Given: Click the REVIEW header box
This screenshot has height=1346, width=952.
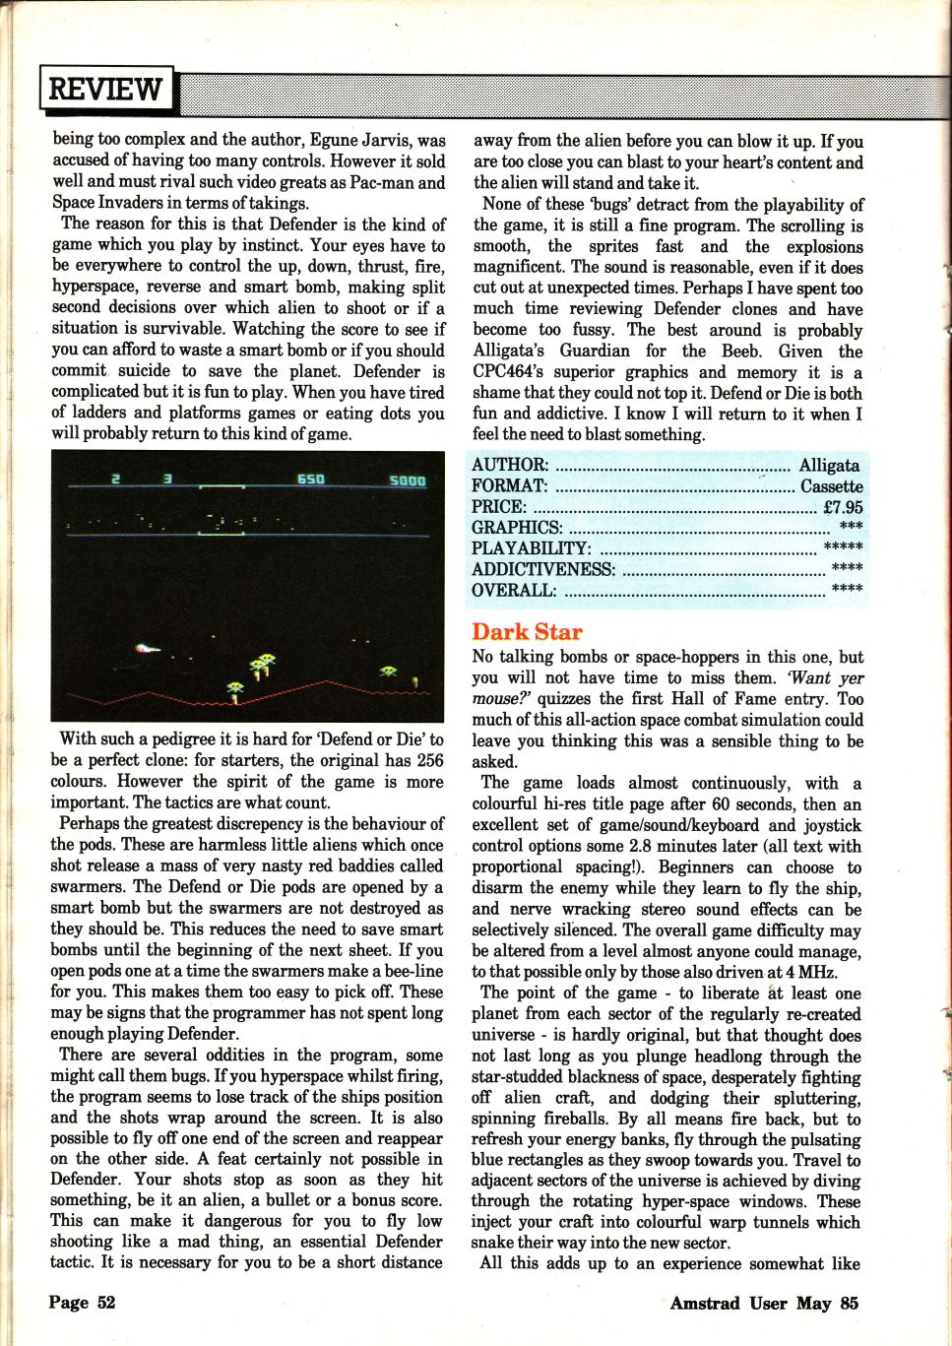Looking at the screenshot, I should point(106,89).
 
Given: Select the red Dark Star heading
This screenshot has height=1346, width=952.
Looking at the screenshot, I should point(527,632).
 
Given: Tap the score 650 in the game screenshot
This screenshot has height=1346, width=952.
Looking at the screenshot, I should point(311,479).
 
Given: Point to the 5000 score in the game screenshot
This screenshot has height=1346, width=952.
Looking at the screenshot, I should point(408,481).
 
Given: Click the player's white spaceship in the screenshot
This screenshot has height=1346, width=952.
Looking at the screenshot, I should point(147,648).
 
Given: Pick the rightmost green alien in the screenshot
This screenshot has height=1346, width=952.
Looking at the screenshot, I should point(389,671).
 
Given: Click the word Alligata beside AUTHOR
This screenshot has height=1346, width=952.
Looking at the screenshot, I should point(830,465).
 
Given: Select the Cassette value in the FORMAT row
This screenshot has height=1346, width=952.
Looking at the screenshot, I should point(831,486).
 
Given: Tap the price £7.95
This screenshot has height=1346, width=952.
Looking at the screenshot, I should point(843,507).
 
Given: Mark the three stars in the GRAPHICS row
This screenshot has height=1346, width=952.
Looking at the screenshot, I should point(851,529).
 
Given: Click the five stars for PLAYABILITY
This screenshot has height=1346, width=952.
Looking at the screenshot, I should point(843,548).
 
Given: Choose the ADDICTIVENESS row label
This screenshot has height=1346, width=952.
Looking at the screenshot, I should point(543,569).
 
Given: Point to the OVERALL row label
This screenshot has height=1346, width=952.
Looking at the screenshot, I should point(514,591).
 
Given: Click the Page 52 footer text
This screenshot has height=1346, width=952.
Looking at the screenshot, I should point(82,1302).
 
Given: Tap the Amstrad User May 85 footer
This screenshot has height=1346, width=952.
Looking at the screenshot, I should point(764,1303).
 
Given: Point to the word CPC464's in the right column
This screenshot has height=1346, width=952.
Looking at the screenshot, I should point(511,372).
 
